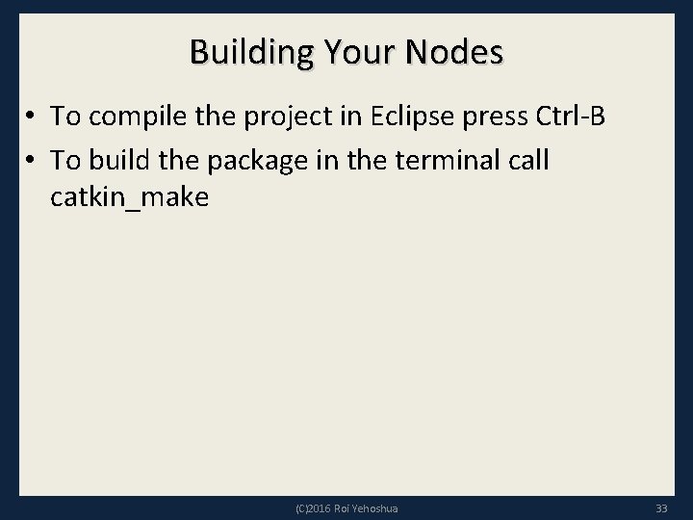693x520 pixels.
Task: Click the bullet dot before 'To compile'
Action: click(33, 117)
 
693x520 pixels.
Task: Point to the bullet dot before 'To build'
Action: click(33, 161)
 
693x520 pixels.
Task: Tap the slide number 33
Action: click(660, 507)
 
